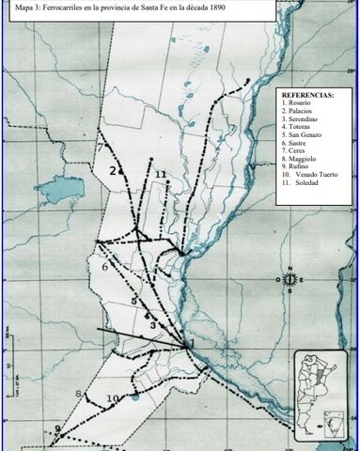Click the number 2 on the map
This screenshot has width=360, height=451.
[x=112, y=171]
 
